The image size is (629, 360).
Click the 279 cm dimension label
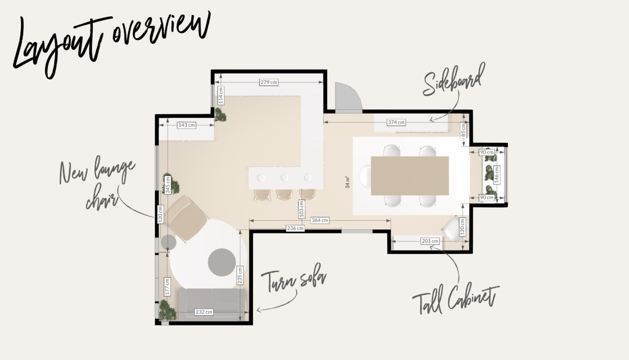pyautogui.click(x=269, y=83)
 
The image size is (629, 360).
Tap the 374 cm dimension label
pyautogui.click(x=396, y=122)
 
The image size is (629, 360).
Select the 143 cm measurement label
pyautogui.click(x=186, y=125)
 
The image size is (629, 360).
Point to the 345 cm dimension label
pyautogui.click(x=168, y=185)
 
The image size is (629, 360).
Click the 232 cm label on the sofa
pyautogui.click(x=204, y=312)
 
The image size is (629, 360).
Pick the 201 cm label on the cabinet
pyautogui.click(x=430, y=241)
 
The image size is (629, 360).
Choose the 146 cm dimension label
pyautogui.click(x=496, y=175)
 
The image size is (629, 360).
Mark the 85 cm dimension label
pyautogui.click(x=463, y=130)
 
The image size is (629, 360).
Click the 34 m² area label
pyautogui.click(x=347, y=182)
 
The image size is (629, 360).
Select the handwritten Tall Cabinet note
pyautogui.click(x=456, y=300)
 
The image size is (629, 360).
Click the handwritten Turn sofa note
pyautogui.click(x=294, y=281)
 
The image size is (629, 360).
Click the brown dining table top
pyautogui.click(x=409, y=176)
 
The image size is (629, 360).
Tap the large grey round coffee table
pyautogui.click(x=222, y=262)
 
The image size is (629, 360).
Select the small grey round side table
pyautogui.click(x=169, y=242)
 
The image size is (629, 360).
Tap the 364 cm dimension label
pyautogui.click(x=320, y=220)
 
